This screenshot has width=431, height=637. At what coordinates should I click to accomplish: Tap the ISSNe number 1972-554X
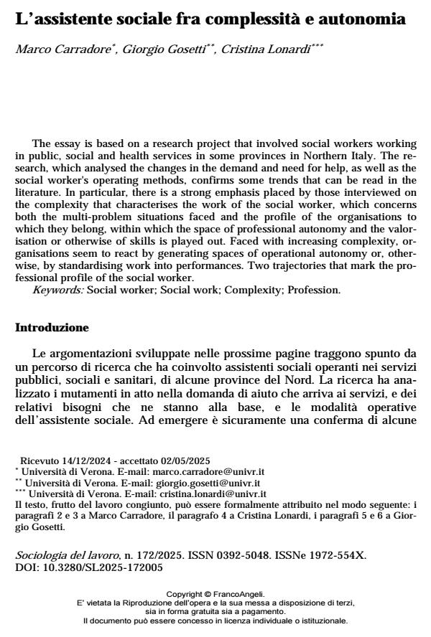click(308, 555)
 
